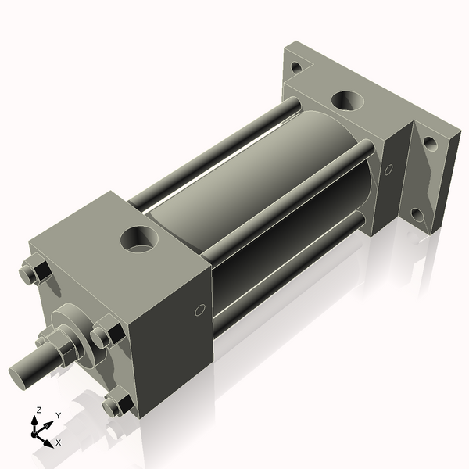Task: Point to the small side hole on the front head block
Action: click(199, 310)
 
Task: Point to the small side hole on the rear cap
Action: click(388, 168)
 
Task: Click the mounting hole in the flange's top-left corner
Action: click(295, 67)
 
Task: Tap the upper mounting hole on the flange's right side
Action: click(429, 144)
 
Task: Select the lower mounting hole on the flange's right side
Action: click(417, 214)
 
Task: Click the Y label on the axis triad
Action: click(58, 415)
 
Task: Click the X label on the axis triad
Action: click(59, 442)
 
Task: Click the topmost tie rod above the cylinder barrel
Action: click(211, 149)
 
